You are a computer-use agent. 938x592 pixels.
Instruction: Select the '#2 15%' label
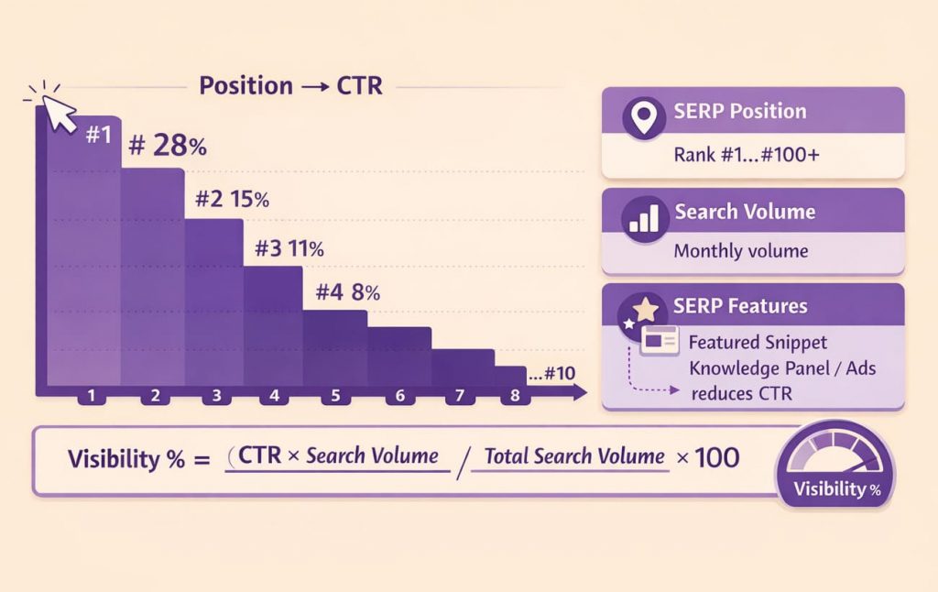(233, 200)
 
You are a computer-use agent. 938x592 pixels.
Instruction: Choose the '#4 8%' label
(347, 293)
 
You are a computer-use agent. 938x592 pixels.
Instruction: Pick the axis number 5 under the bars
(335, 396)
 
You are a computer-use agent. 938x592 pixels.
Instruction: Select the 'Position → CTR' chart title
(291, 87)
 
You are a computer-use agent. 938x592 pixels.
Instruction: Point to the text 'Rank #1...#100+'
(747, 155)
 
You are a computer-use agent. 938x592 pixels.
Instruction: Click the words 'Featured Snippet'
(758, 343)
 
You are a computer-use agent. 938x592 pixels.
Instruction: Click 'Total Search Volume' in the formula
(574, 455)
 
